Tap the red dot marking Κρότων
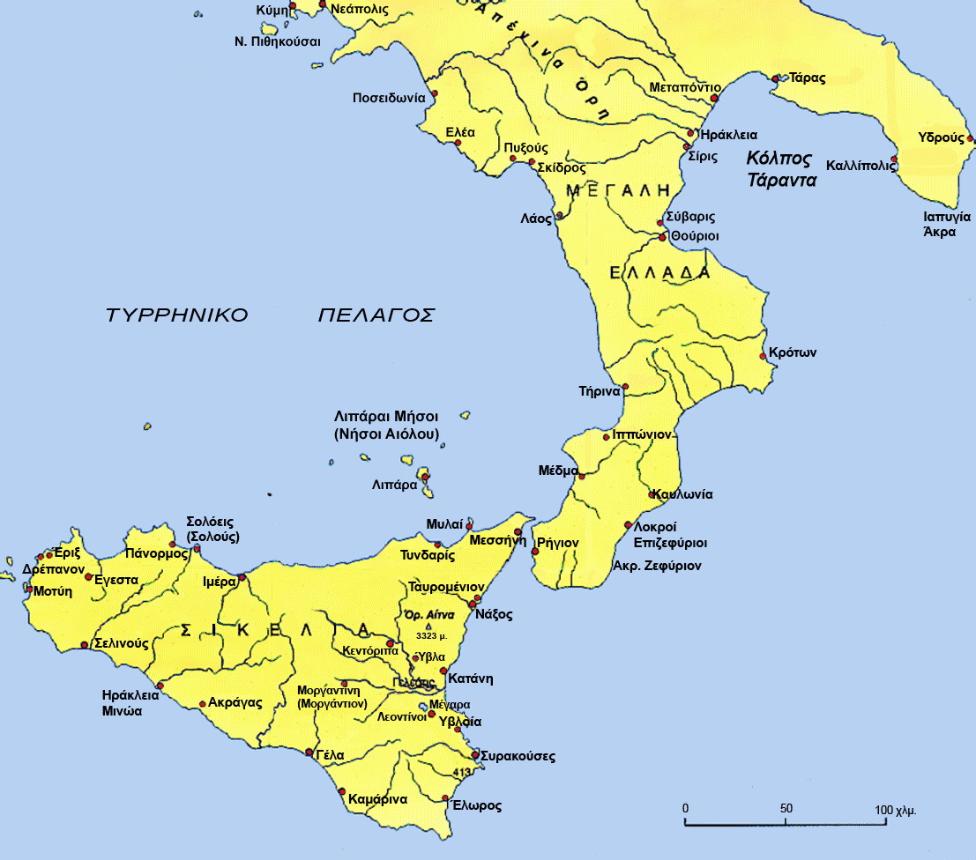(x=764, y=356)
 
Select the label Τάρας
(x=808, y=78)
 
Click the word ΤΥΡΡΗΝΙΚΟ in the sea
(x=176, y=315)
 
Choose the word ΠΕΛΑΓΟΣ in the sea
(x=376, y=315)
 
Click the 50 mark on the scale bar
(x=786, y=809)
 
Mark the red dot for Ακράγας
(x=203, y=703)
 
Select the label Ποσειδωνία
(x=389, y=97)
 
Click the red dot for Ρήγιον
(x=534, y=552)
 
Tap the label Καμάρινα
(x=377, y=800)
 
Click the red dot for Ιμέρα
(x=242, y=577)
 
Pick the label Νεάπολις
(x=360, y=7)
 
